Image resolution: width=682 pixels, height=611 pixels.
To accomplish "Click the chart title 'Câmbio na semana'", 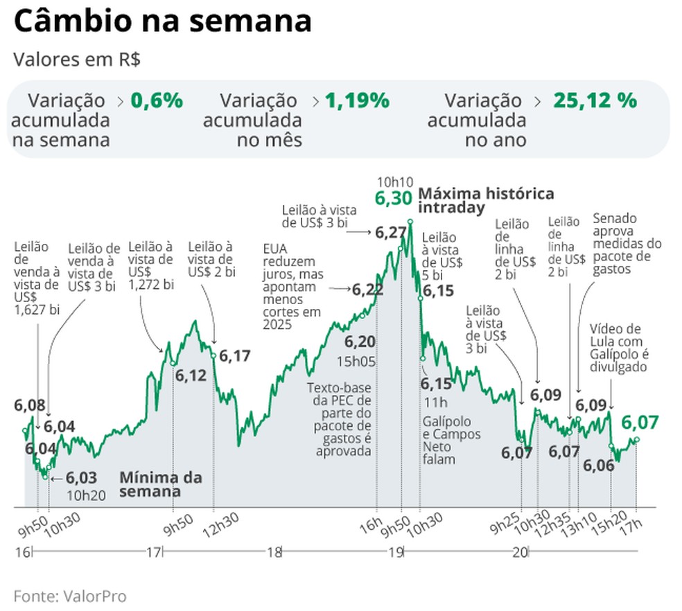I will click(162, 21).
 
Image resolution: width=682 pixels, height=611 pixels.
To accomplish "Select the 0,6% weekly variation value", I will click(157, 100).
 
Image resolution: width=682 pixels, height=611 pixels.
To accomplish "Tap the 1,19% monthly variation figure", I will click(357, 100).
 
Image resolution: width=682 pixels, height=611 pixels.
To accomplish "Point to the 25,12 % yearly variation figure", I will click(595, 100).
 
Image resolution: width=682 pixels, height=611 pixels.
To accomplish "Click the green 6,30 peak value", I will click(393, 198).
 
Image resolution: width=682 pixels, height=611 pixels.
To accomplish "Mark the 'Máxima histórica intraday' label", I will click(485, 200).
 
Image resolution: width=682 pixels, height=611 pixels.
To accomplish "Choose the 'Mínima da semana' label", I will click(161, 484).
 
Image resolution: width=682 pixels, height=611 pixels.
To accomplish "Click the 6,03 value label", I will click(82, 478).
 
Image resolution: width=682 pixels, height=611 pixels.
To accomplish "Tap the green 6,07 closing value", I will click(639, 422).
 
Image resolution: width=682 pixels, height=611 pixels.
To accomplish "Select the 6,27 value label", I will click(390, 233).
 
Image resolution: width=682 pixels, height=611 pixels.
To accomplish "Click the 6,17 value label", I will click(234, 356).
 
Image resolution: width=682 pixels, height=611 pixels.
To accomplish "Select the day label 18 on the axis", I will click(274, 552).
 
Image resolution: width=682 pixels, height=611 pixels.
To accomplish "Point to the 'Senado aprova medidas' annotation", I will click(627, 244).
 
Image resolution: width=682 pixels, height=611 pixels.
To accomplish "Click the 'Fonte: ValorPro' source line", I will click(70, 596).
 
